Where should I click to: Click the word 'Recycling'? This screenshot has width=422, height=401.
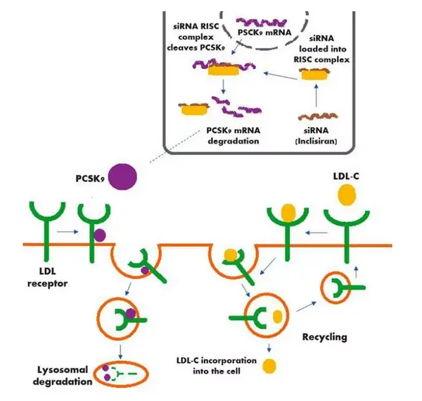click(324, 336)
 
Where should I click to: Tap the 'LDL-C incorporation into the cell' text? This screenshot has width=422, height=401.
click(213, 366)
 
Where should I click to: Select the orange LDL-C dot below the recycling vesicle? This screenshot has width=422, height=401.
click(270, 366)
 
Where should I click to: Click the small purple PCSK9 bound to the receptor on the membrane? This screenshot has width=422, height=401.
click(101, 235)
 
